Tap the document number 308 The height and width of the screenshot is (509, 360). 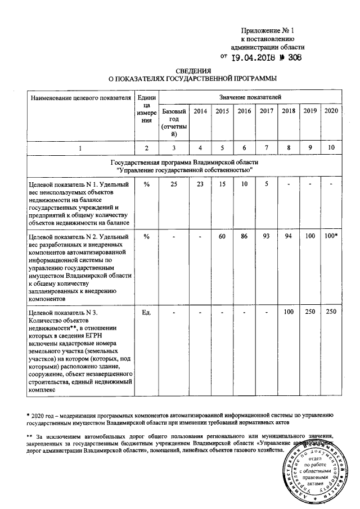[x=291, y=57]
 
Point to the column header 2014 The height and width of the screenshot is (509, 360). [x=200, y=111]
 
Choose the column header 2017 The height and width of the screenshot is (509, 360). [x=267, y=111]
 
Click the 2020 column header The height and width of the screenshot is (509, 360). [x=331, y=111]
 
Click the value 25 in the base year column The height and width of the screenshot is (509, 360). [x=174, y=184]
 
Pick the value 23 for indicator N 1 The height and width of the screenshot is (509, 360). [x=200, y=184]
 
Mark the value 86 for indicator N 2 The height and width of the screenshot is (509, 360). [x=244, y=237]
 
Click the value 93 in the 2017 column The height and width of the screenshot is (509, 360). [x=267, y=237]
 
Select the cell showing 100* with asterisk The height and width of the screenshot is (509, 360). [x=331, y=237]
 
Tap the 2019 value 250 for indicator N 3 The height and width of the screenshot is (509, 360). [x=309, y=312]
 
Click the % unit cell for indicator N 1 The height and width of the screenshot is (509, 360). [x=146, y=184]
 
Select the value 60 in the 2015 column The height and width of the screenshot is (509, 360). [x=222, y=237]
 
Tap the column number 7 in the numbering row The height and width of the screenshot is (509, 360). [x=267, y=148]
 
